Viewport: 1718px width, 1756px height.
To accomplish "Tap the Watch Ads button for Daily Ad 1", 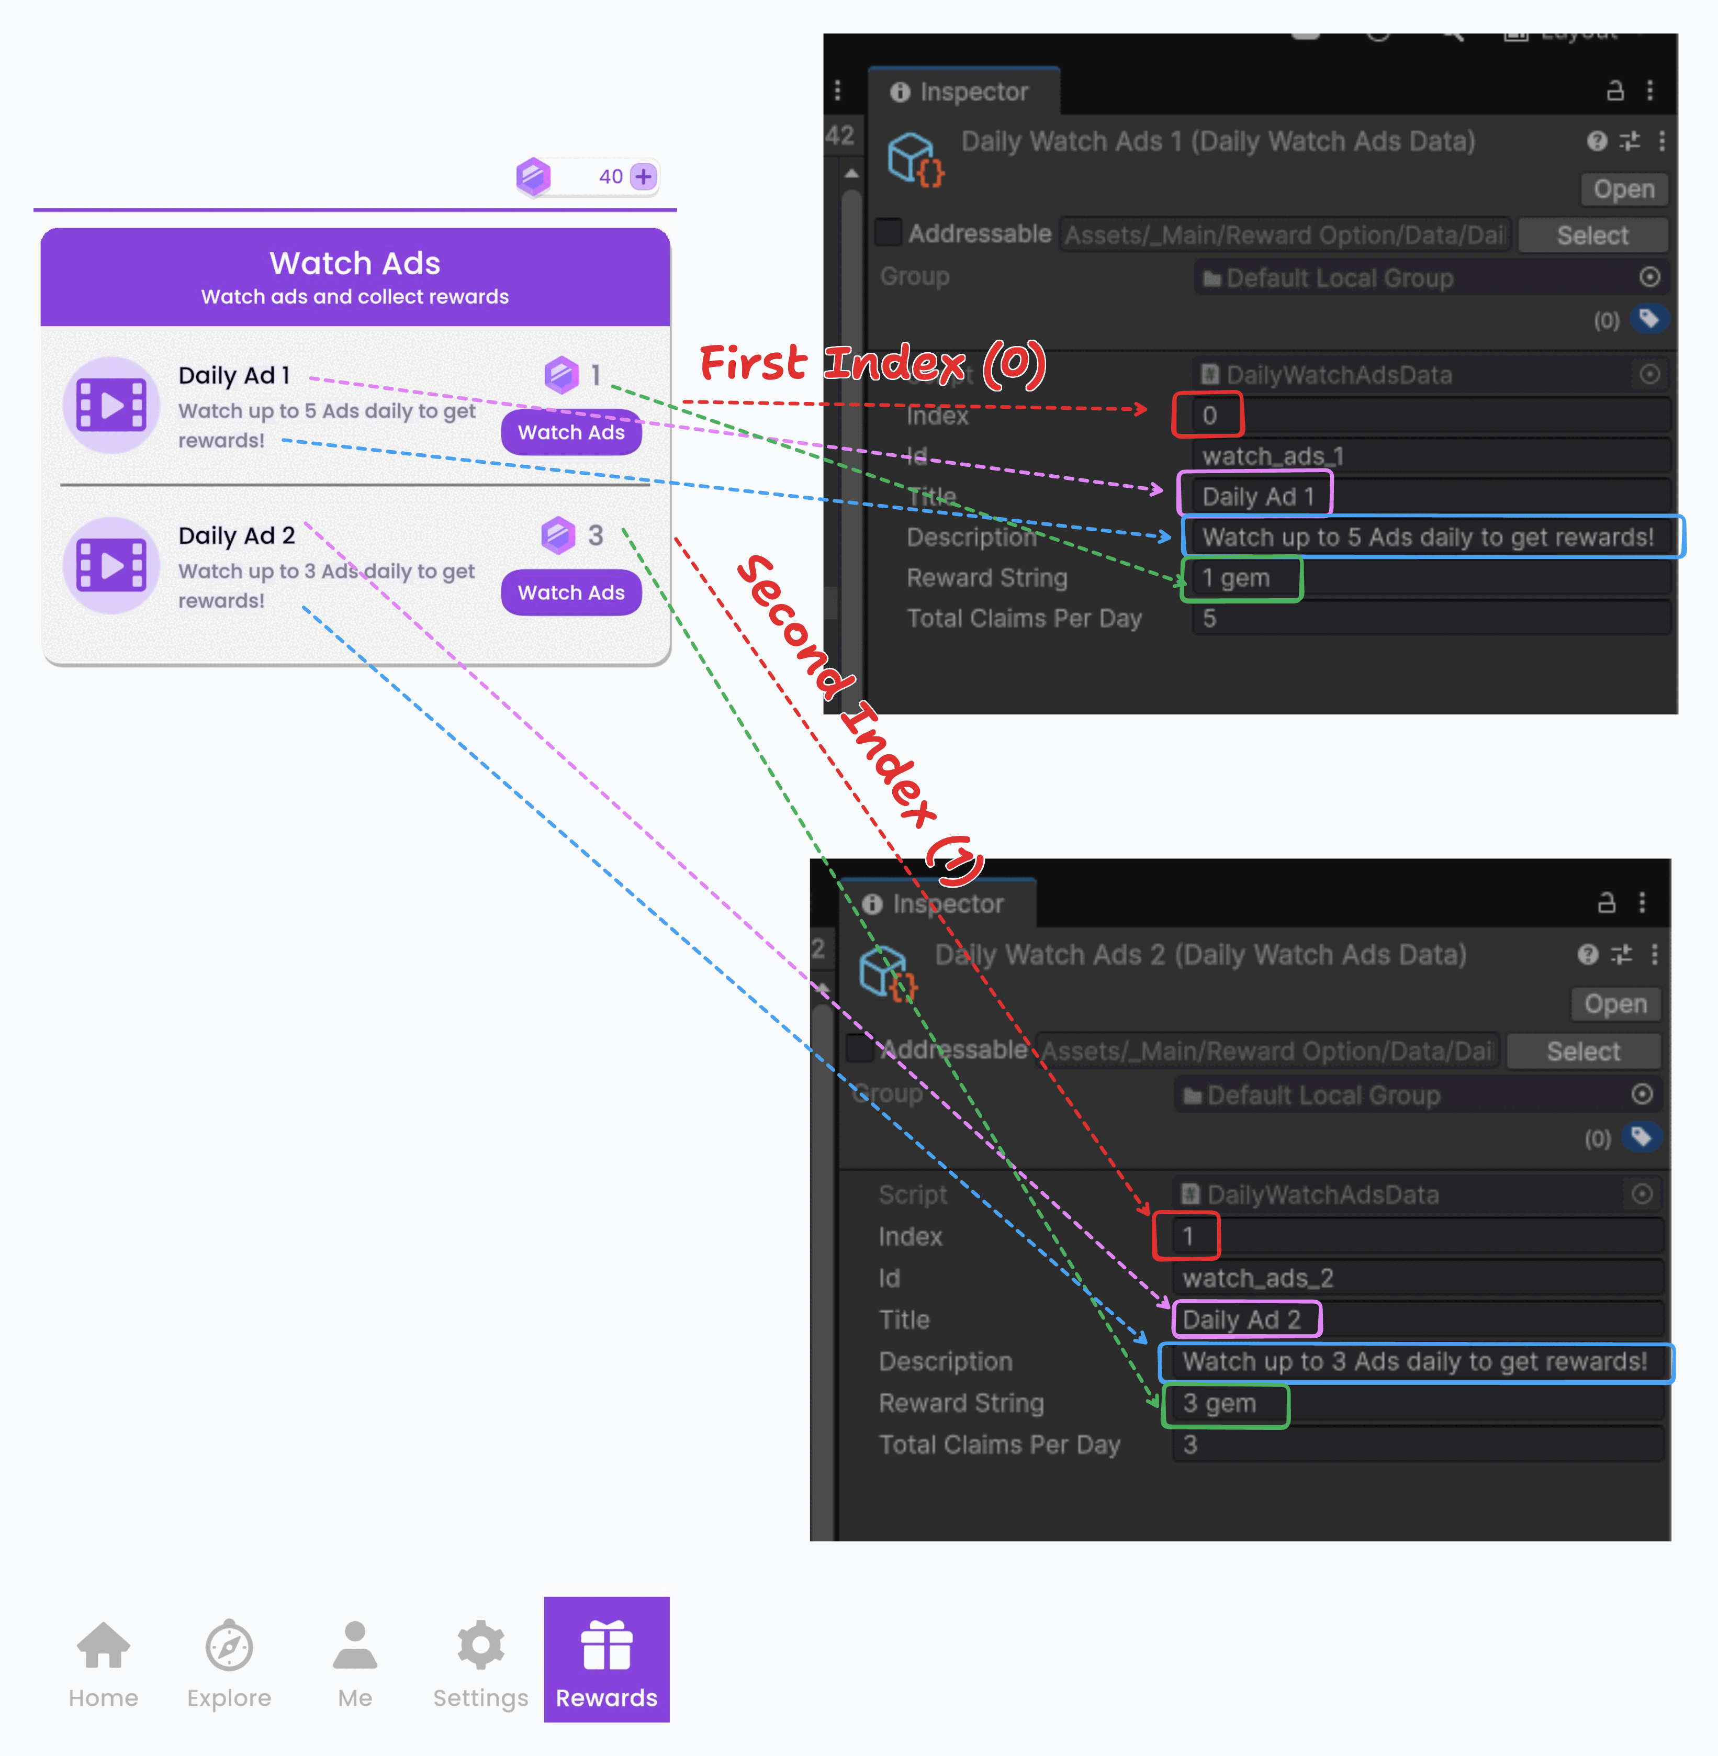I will click(x=571, y=432).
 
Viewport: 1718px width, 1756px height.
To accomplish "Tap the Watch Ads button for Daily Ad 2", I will click(x=571, y=593).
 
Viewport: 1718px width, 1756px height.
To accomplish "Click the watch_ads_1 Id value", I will click(x=1272, y=456).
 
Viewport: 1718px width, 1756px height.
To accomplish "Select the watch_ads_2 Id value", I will click(x=1258, y=1278).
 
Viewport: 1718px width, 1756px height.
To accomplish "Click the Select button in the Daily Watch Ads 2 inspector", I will click(x=1584, y=1052).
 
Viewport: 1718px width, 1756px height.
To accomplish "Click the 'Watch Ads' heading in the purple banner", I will click(x=355, y=263).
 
